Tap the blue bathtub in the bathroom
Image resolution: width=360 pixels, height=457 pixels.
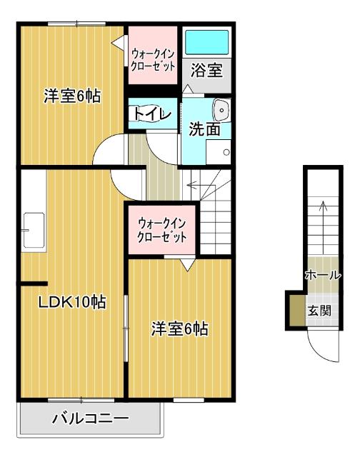point(206,43)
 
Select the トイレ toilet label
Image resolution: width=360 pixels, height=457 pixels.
point(151,115)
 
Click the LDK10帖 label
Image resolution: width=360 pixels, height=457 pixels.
point(71,302)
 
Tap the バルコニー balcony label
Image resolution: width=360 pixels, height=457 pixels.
point(90,418)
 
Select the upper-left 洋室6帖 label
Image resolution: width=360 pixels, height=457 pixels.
point(71,96)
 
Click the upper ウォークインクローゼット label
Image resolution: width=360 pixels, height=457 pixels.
point(153,55)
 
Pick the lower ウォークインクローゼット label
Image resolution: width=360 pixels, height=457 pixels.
point(163,229)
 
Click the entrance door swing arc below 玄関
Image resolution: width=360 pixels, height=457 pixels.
point(319,347)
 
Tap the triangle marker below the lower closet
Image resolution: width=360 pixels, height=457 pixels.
point(186,265)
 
